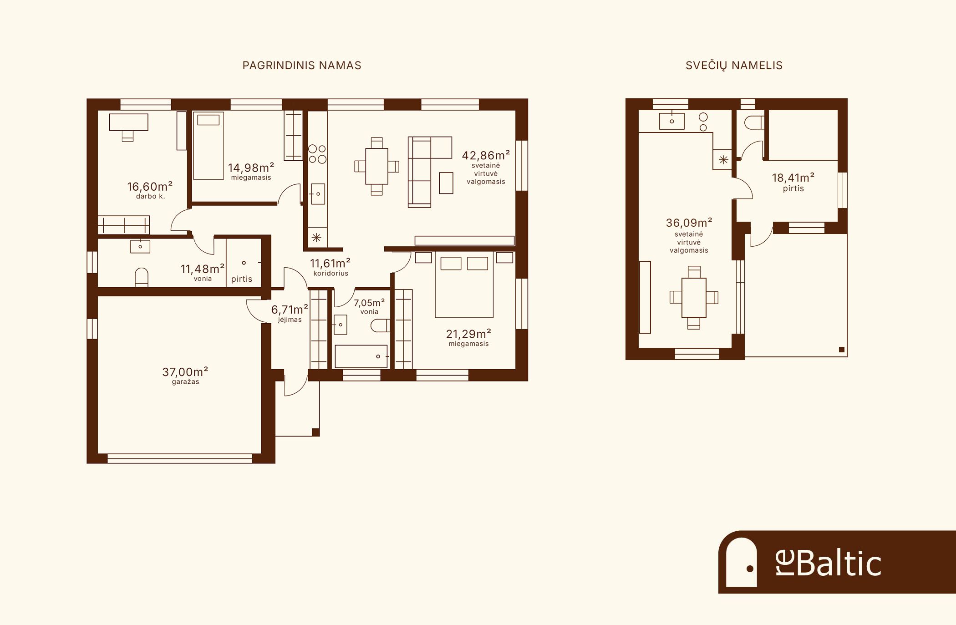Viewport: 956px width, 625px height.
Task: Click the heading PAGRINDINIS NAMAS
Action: tap(302, 66)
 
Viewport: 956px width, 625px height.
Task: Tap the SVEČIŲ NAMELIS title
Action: tap(734, 66)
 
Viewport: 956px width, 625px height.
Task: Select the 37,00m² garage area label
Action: tap(185, 372)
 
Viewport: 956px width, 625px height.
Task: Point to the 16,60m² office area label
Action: tap(150, 187)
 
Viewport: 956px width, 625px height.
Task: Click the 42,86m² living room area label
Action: tap(486, 155)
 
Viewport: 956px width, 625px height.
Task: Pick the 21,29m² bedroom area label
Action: tap(468, 334)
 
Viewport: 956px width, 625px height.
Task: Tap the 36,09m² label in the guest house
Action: tap(689, 223)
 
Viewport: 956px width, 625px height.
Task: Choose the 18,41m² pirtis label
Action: tap(793, 178)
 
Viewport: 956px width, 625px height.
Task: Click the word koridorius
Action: tap(331, 274)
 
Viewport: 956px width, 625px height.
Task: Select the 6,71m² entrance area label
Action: tap(290, 310)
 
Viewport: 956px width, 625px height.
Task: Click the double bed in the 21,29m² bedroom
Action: tap(464, 285)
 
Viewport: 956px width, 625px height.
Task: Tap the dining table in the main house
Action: tap(377, 166)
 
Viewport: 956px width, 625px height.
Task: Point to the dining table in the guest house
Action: tap(694, 298)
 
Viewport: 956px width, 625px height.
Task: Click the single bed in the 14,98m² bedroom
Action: tap(208, 146)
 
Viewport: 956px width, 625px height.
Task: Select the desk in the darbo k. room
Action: tap(129, 122)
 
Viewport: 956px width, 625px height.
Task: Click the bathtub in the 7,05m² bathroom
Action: tap(361, 356)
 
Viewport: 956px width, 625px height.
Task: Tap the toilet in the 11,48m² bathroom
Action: tap(142, 277)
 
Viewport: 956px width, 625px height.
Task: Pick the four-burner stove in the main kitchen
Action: tap(317, 154)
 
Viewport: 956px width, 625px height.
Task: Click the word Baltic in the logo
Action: tap(839, 563)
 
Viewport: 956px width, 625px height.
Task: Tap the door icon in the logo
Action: tap(742, 563)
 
